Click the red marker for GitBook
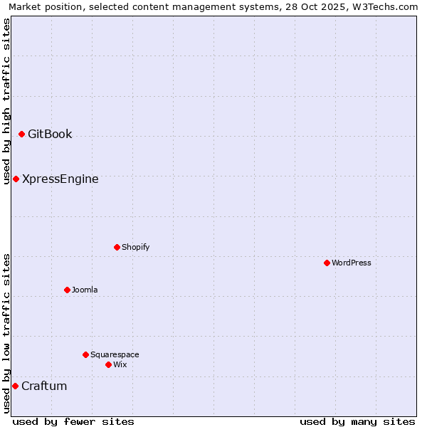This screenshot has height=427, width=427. point(22,134)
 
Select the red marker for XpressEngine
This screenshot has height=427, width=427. point(16,179)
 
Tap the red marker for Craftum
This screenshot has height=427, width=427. point(15,386)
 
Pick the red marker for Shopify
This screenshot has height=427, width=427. point(117,247)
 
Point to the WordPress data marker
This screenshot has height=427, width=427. point(327,263)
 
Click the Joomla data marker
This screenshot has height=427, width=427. point(67,290)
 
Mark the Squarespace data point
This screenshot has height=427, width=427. point(85,354)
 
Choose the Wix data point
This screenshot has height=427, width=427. point(108,364)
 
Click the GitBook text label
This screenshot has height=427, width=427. point(50,134)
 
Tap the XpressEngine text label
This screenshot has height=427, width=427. point(60,179)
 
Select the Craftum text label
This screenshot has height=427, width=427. point(44,386)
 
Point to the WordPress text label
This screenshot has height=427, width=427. point(352,263)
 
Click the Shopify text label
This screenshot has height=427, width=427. point(135,247)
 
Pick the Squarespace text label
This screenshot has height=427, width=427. point(115,354)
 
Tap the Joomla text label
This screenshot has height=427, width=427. point(85,290)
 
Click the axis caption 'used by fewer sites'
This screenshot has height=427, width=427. point(73,421)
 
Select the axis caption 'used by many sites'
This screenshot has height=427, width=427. point(357,421)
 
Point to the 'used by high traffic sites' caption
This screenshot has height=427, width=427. point(6,101)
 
